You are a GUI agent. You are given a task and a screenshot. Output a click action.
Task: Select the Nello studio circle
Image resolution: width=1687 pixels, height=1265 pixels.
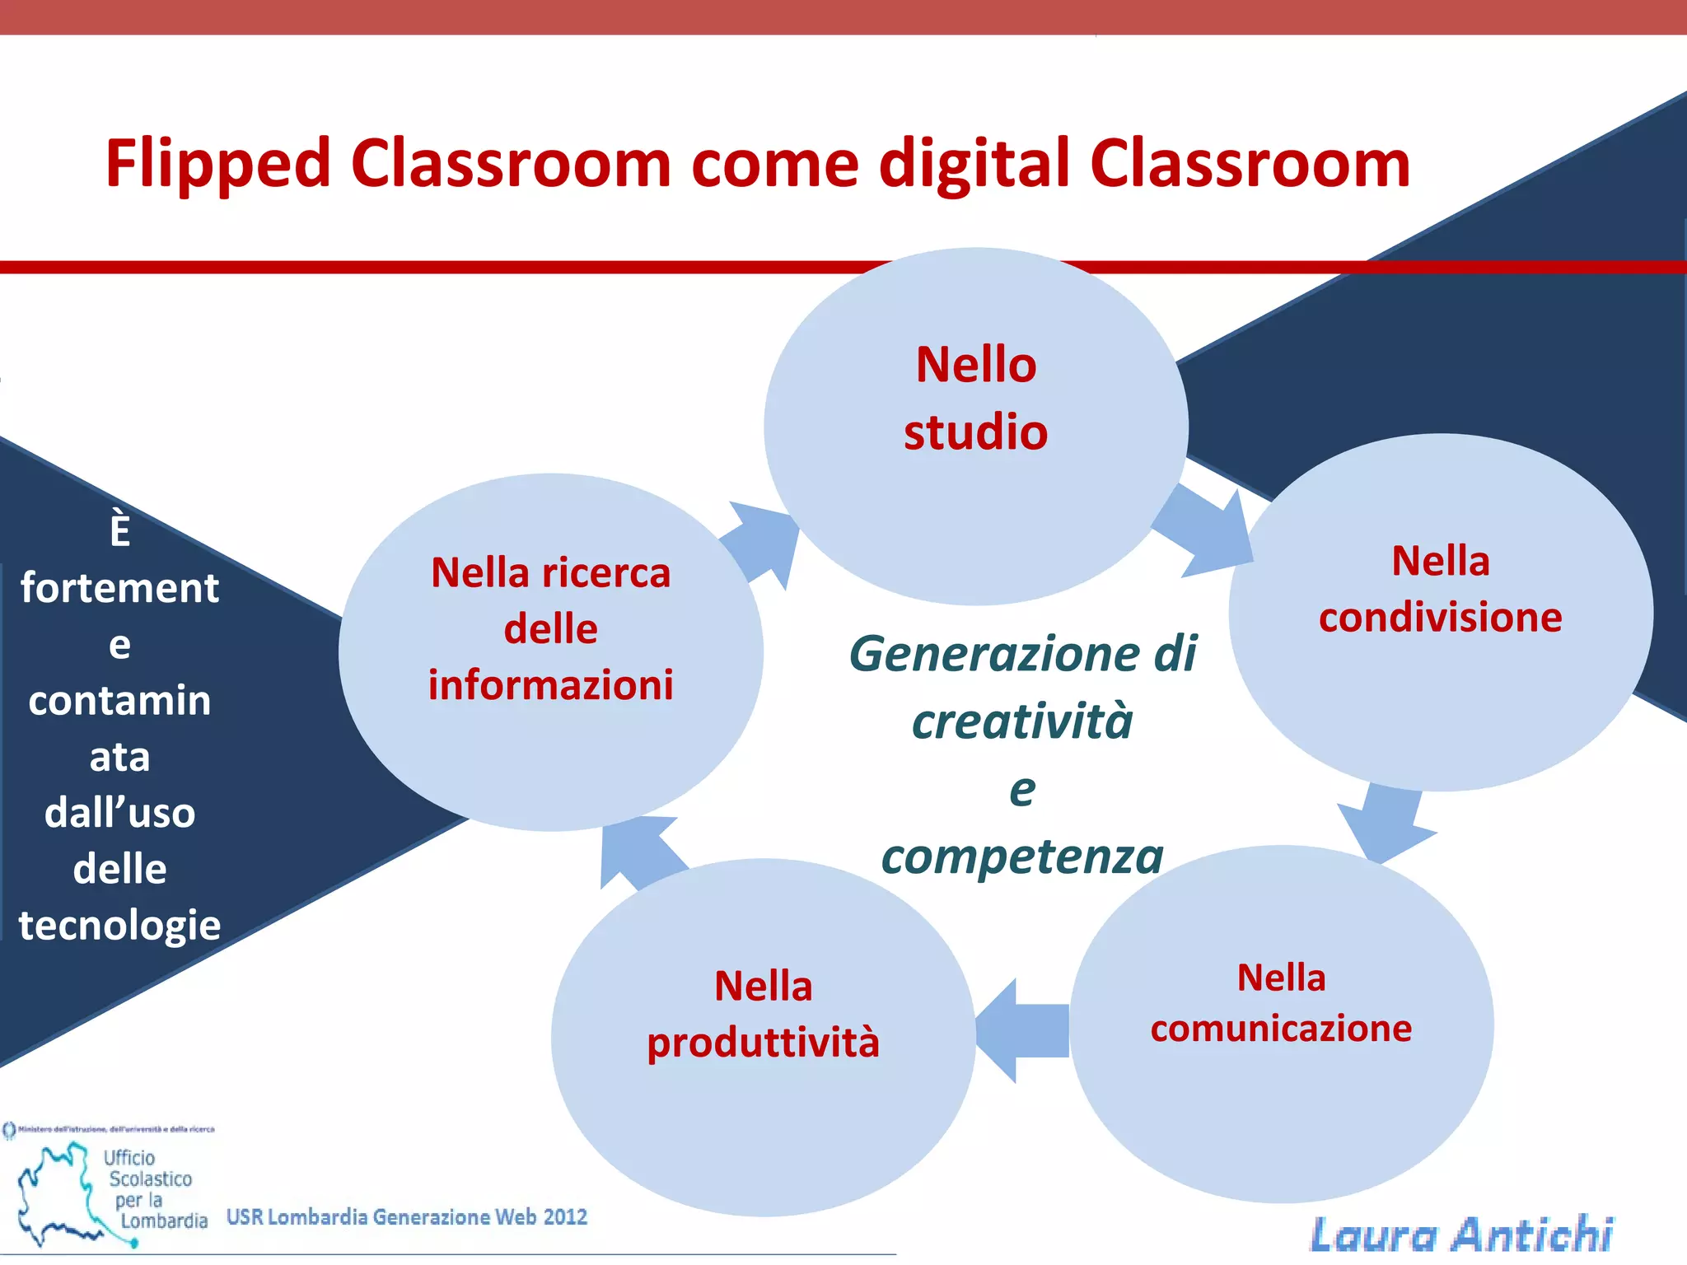975,426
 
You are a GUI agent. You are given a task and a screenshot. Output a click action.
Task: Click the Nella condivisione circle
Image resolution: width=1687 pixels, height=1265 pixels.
1440,612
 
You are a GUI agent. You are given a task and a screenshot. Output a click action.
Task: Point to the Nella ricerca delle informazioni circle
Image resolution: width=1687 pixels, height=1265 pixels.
550,651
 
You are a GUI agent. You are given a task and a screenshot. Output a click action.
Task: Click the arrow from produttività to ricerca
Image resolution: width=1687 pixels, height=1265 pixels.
640,852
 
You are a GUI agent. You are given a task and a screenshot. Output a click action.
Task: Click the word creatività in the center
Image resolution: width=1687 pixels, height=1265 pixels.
1022,721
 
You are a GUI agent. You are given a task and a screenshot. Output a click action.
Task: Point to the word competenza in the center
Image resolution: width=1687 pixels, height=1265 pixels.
1022,857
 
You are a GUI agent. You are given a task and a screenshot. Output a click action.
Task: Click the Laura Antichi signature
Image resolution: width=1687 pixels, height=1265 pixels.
1461,1234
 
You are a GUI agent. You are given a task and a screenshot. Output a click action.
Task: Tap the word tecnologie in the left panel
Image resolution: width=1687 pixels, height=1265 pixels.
120,926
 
